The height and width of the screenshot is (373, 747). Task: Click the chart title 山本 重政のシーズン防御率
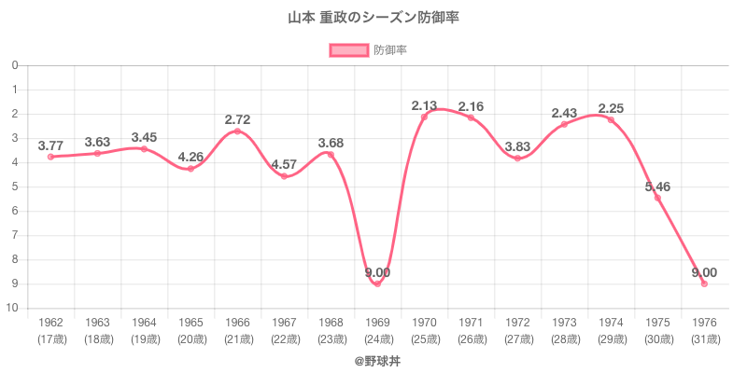tap(373, 18)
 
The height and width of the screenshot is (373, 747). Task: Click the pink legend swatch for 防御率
tap(348, 49)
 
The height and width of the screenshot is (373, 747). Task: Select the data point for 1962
tap(50, 157)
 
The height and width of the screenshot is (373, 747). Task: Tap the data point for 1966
tap(237, 131)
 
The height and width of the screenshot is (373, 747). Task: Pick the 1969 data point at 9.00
tap(377, 283)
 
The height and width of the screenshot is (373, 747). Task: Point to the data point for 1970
tap(424, 117)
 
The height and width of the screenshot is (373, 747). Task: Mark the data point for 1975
tap(657, 198)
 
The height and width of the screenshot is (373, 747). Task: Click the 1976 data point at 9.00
tap(704, 283)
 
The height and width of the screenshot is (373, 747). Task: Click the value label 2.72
tap(237, 119)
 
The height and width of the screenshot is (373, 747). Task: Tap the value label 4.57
tap(284, 165)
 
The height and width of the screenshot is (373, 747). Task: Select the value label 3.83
tap(517, 146)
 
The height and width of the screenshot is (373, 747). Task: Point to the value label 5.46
tap(657, 186)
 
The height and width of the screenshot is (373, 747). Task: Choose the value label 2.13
tap(424, 105)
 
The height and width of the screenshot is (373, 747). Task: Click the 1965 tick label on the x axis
tap(190, 323)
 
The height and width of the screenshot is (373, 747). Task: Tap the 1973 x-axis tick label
tap(564, 323)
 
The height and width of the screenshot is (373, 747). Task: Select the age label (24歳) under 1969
tap(377, 338)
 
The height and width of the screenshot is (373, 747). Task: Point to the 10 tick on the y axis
tap(14, 308)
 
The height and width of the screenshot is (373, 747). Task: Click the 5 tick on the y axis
tap(16, 186)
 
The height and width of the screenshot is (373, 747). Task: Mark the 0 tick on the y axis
tap(16, 65)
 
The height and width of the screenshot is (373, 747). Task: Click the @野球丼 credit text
tap(373, 358)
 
